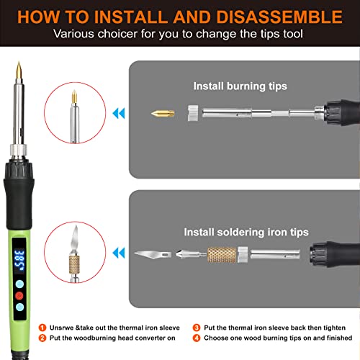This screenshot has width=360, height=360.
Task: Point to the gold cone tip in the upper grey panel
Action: tap(161, 114)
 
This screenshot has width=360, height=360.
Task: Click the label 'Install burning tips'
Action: tap(240, 86)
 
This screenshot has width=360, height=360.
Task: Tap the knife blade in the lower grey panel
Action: tap(152, 254)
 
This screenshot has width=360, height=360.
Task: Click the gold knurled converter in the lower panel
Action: tap(222, 254)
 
